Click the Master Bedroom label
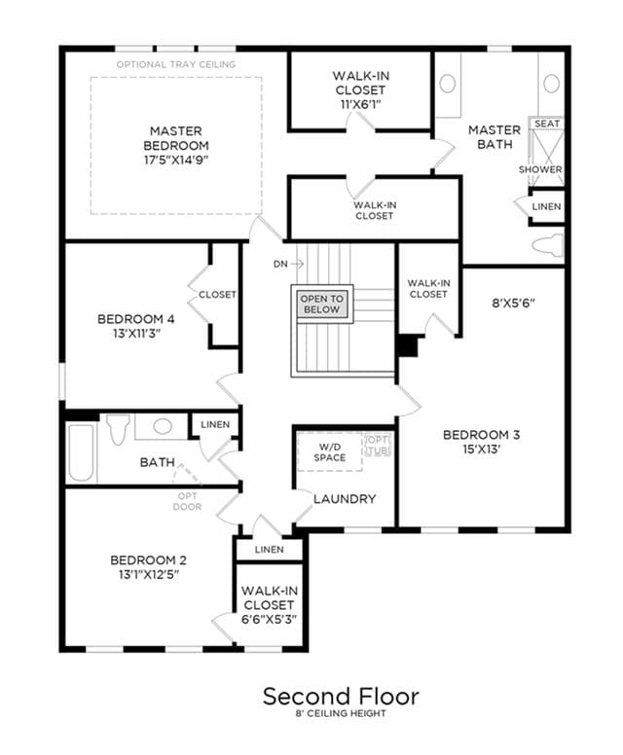[176, 138]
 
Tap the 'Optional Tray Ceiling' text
[176, 64]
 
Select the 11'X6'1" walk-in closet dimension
[360, 104]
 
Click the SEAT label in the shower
[547, 124]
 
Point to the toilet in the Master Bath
[548, 245]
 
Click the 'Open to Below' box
[322, 304]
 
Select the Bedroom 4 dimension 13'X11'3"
[136, 333]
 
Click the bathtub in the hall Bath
[81, 452]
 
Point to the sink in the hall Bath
[163, 426]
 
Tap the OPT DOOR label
[187, 501]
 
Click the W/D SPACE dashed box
[330, 451]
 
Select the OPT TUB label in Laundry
[378, 446]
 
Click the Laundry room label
[345, 499]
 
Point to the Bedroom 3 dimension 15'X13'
[481, 449]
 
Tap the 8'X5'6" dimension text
[514, 303]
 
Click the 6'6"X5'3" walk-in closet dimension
[269, 619]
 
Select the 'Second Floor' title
[341, 697]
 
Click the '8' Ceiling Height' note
[341, 713]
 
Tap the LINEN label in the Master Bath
[546, 206]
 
